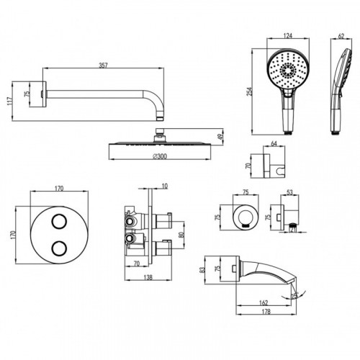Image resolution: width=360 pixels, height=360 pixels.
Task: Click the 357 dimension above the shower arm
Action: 103,65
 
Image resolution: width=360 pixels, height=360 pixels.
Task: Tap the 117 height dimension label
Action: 9,101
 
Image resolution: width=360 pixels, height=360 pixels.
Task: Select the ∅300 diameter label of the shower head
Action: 160,156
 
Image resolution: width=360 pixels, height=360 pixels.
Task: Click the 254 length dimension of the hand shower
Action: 249,91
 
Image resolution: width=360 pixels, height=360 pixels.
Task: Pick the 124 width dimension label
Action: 288,35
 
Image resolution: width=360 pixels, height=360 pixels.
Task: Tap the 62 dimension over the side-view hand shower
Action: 341,36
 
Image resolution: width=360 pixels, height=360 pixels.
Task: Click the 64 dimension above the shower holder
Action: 274,143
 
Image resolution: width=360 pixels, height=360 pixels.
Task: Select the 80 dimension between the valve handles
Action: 181,235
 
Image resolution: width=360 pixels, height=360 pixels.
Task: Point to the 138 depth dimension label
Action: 148,277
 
